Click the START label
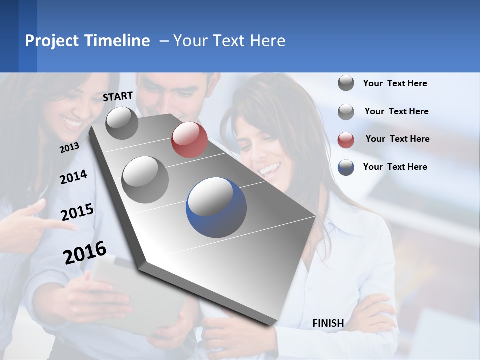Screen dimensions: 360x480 click(118, 96)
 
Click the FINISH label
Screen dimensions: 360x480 click(328, 323)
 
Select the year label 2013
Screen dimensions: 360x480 click(69, 148)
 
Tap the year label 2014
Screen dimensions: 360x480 click(73, 177)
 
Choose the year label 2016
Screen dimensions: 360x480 click(85, 252)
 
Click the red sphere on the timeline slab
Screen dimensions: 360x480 click(189, 140)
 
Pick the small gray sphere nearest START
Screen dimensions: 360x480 click(122, 123)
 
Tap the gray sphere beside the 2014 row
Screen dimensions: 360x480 click(145, 179)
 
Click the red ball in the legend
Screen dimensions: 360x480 click(346, 140)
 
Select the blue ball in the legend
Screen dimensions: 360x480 click(346, 167)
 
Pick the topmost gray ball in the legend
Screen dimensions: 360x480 click(346, 83)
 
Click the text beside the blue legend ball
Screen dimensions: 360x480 click(395, 167)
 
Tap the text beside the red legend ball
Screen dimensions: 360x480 click(397, 139)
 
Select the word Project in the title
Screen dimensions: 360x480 click(52, 41)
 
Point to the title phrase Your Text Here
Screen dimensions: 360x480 click(229, 41)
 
